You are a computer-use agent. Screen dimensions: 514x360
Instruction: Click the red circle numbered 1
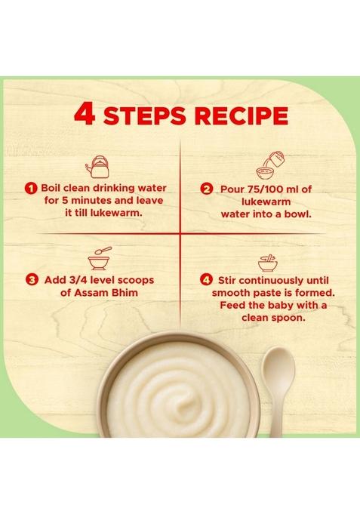(31, 187)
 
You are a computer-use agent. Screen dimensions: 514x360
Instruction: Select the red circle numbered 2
(205, 187)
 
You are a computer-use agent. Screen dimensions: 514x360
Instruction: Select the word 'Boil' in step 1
(57, 187)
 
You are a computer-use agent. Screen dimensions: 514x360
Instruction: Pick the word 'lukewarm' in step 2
(263, 200)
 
